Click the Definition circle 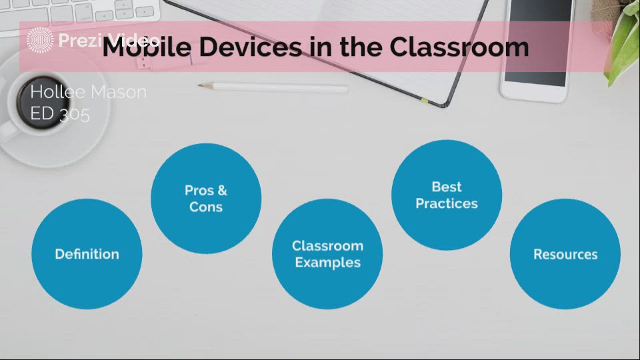[87, 254]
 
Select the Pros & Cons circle [206, 199]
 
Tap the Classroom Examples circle [327, 254]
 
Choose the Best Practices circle [446, 195]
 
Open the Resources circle [565, 254]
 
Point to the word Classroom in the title [459, 47]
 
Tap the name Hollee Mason [88, 92]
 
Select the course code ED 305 [60, 114]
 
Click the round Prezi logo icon [40, 41]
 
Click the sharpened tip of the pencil [202, 85]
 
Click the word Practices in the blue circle [446, 203]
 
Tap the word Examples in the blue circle [327, 263]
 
